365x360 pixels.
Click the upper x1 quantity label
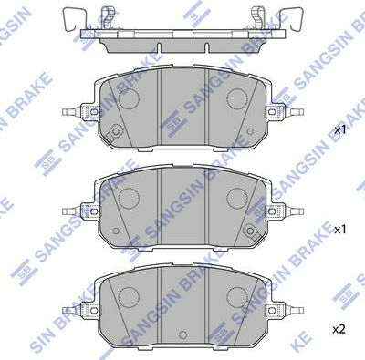pos(339,130)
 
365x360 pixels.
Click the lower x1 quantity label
pos(339,230)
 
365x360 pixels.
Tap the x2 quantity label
pos(339,328)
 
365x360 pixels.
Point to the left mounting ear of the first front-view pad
pos(78,114)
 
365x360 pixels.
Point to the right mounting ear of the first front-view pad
pos(289,114)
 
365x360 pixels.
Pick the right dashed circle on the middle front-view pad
pos(237,196)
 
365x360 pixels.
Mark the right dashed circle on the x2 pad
pos(237,294)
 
